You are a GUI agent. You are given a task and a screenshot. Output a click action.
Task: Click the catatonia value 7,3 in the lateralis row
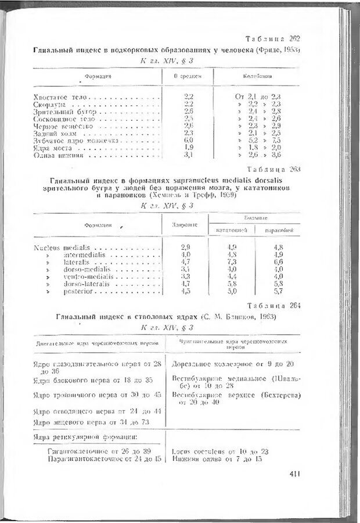(232, 262)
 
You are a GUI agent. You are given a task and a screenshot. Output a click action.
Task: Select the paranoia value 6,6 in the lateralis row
(278, 262)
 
